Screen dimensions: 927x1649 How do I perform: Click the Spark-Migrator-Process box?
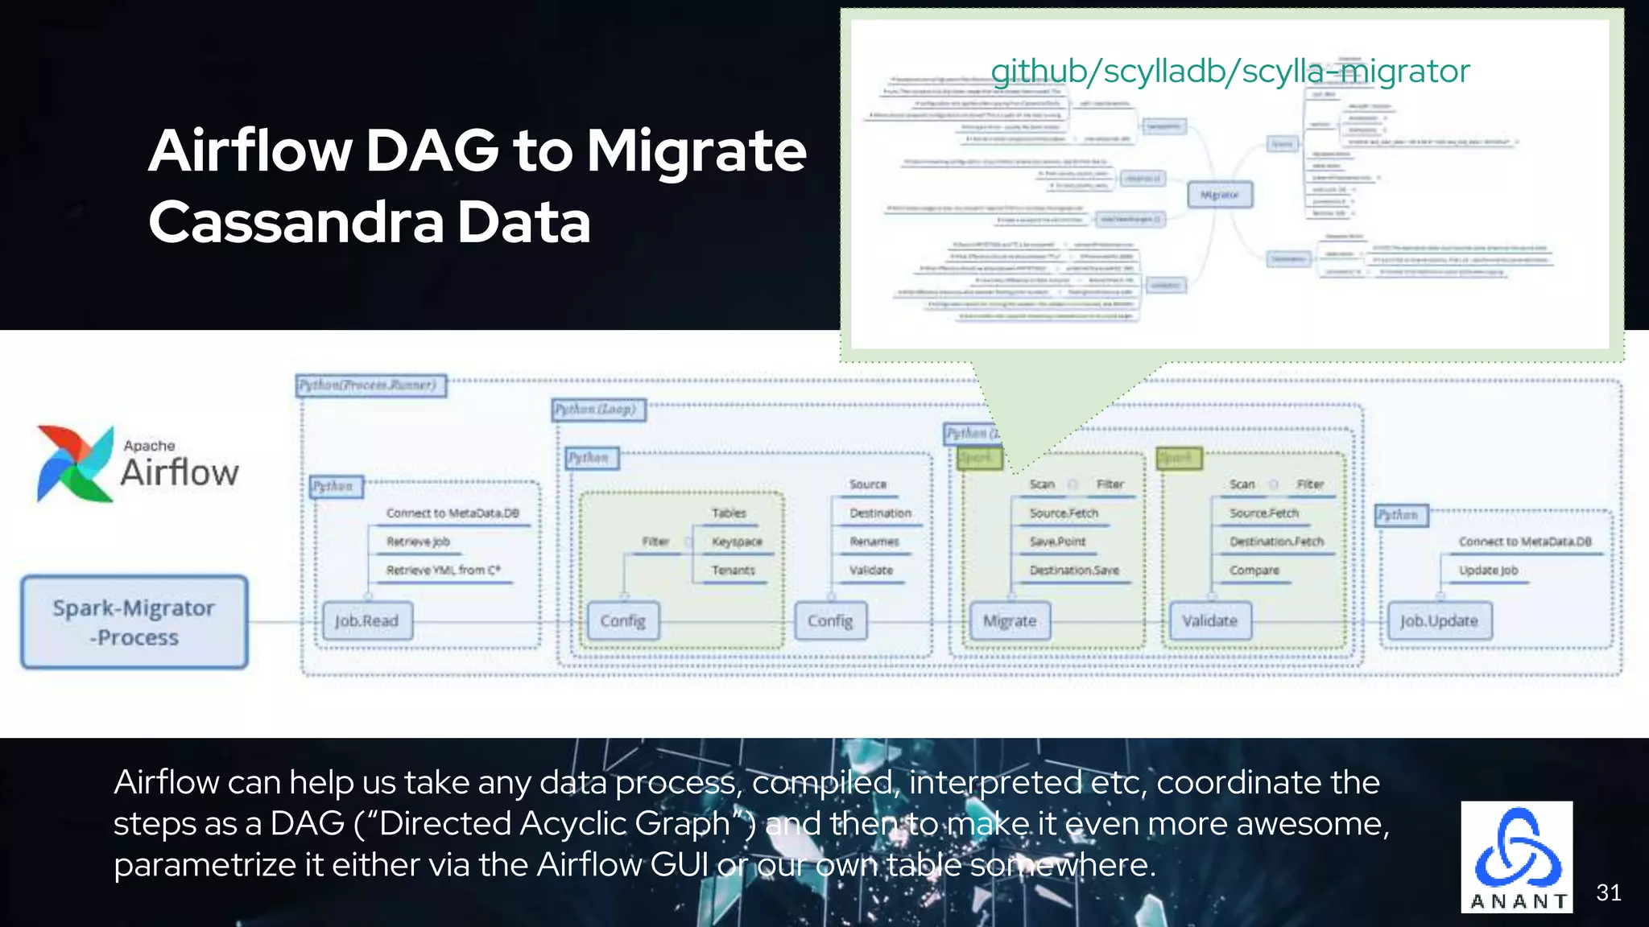tap(134, 622)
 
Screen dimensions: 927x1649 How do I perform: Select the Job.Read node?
tap(367, 621)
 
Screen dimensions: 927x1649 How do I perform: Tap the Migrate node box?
tap(1010, 621)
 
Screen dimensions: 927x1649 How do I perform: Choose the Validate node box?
tap(1209, 621)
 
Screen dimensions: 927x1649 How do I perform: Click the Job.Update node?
tap(1439, 621)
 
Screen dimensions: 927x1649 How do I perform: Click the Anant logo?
tap(1517, 857)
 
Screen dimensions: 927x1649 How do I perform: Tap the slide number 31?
tap(1608, 892)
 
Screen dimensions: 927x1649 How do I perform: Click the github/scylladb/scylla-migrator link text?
tap(1230, 71)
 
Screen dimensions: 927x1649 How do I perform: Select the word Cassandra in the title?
tap(296, 222)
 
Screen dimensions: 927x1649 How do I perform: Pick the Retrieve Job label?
tap(418, 542)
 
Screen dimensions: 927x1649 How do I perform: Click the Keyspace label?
tap(737, 542)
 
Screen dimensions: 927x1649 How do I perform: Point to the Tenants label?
tap(733, 571)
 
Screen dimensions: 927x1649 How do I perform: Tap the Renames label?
tap(874, 542)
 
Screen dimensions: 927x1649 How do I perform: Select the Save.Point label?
tap(1057, 542)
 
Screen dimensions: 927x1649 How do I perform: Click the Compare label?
tap(1254, 571)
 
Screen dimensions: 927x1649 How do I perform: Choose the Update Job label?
tap(1488, 571)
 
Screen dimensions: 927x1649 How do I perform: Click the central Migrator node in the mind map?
tap(1220, 195)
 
